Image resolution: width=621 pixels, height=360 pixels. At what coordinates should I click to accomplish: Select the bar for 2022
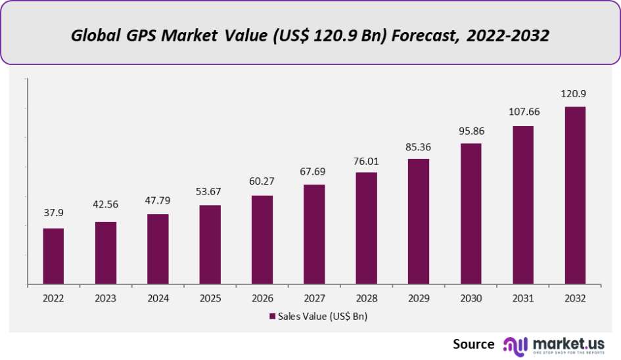[53, 256]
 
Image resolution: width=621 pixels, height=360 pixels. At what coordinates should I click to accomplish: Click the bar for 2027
[314, 235]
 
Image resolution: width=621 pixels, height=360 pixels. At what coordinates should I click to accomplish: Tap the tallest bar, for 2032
[575, 196]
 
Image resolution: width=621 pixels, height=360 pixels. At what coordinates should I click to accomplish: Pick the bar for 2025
[210, 245]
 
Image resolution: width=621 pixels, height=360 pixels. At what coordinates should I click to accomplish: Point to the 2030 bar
[471, 214]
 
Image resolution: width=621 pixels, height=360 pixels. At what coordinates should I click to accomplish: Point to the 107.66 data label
[522, 112]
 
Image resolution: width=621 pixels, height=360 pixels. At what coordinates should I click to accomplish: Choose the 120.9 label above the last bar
[575, 94]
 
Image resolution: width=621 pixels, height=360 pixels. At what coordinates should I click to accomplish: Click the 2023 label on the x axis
[106, 298]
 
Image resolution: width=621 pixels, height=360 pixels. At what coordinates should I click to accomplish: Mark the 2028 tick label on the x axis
[366, 298]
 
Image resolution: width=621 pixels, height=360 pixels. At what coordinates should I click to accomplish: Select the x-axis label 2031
[522, 298]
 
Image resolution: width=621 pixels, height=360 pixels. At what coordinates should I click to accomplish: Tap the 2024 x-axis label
[158, 298]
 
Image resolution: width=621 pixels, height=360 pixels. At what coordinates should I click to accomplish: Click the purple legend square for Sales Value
[272, 317]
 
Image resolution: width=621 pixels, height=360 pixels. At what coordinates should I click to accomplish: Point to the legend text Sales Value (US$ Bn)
[322, 317]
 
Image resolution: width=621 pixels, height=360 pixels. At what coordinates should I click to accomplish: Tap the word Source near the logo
[473, 344]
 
